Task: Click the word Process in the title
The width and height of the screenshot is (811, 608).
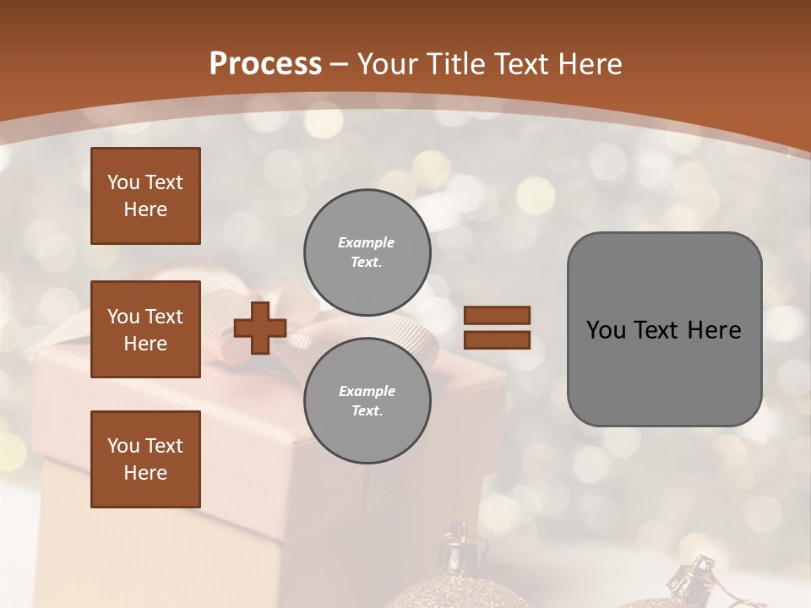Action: (265, 64)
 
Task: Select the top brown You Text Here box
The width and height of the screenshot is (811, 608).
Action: (145, 196)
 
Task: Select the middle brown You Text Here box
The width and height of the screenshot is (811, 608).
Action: (145, 329)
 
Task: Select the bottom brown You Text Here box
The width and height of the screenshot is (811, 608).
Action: (145, 459)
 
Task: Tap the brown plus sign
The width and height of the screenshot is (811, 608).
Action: (260, 328)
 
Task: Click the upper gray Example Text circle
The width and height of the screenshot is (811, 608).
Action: (367, 252)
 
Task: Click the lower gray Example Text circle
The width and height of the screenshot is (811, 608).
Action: (367, 400)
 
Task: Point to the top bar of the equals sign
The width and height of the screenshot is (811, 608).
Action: (497, 315)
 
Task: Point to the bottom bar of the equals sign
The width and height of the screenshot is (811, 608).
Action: (497, 340)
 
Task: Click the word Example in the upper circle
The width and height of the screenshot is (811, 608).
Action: (367, 242)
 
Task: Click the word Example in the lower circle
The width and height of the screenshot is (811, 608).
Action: (367, 391)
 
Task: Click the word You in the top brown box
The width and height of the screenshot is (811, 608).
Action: (123, 182)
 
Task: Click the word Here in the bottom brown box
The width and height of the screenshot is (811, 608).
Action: (145, 473)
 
